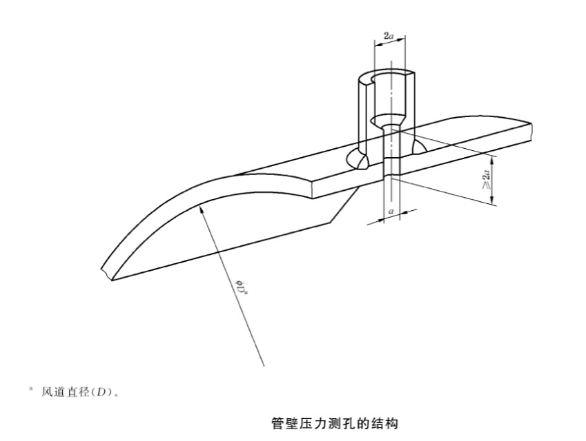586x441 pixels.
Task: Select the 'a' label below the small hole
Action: tap(391, 212)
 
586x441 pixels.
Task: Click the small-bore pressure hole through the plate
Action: tap(391, 165)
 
